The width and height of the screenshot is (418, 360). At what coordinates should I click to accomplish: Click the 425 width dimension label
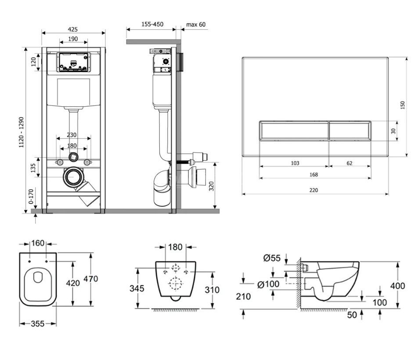point(73,29)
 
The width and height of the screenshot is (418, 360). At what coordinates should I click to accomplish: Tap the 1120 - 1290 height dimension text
point(22,132)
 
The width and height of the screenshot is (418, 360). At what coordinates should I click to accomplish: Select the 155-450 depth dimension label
point(152,24)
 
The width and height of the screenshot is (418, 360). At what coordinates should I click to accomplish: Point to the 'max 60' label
point(196,25)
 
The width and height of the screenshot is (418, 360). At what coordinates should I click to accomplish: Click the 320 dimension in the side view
point(211,186)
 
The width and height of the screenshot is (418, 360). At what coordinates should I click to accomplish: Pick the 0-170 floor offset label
point(31,196)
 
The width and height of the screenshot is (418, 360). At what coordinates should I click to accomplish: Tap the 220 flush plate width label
point(314,190)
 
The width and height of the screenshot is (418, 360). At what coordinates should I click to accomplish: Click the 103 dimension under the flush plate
point(295,163)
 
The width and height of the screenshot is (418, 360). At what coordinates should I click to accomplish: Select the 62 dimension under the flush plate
point(350,163)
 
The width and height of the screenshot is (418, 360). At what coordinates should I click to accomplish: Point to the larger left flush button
point(294,130)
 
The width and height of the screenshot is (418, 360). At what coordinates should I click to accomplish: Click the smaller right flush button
point(350,130)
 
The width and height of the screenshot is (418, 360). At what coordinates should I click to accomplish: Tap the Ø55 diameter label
point(272,258)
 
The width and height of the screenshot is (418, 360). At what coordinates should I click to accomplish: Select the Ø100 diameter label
point(268,284)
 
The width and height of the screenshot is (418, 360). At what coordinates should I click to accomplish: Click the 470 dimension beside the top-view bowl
point(91,279)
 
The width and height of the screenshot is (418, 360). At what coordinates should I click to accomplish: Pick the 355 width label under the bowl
point(38,324)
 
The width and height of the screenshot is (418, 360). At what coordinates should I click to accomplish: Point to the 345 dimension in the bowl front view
point(137,288)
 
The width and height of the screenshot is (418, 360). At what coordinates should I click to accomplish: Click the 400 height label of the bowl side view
point(397,286)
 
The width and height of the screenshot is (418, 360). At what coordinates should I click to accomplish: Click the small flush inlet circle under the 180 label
point(73,157)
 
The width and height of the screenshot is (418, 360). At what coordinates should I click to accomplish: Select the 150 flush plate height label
point(403,105)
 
